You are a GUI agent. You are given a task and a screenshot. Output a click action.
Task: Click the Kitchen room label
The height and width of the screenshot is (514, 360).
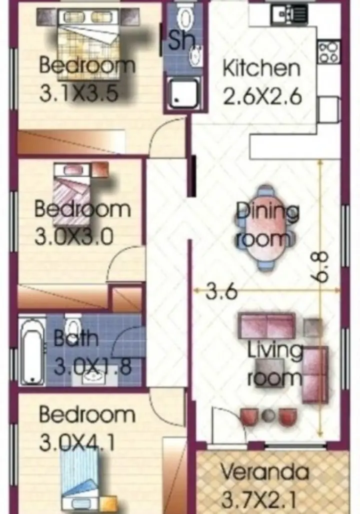click(x=261, y=69)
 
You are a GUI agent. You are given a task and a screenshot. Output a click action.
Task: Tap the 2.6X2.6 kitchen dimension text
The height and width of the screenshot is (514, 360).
click(x=262, y=96)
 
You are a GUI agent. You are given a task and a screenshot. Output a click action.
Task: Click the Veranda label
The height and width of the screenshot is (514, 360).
click(x=265, y=472)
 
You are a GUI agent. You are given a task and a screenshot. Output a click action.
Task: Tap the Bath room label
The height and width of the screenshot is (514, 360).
click(x=75, y=339)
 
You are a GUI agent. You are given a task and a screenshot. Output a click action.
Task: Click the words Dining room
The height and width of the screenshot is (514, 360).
click(x=267, y=223)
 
